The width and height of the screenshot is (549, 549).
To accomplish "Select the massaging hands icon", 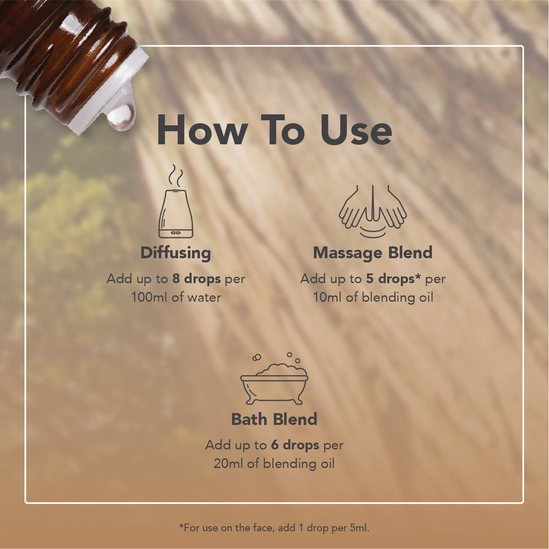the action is [373, 211].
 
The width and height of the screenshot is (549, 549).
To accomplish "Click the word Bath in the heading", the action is [249, 419].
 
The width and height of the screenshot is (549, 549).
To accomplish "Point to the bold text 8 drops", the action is [197, 279].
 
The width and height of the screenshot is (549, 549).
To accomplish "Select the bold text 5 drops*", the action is [393, 279].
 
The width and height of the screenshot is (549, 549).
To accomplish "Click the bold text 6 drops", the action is [295, 445].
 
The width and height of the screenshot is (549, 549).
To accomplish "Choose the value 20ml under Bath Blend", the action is [228, 464].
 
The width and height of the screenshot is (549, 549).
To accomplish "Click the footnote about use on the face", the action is [274, 528].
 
